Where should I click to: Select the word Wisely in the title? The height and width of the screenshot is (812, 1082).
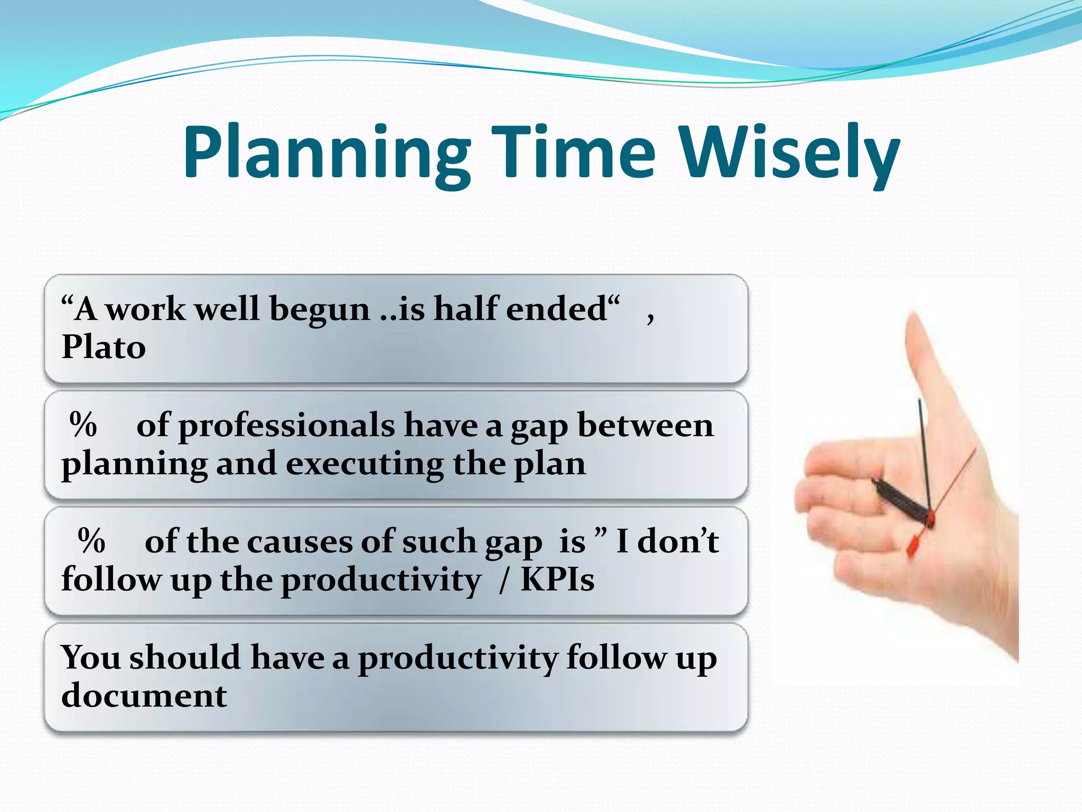click(x=789, y=153)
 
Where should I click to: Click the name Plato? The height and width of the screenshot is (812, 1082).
click(x=104, y=347)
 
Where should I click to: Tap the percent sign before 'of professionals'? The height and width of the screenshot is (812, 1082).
click(x=83, y=425)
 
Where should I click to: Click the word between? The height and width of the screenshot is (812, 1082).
click(x=645, y=425)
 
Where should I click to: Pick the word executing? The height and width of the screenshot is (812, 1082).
click(x=365, y=464)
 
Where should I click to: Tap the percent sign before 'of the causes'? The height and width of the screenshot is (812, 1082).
click(x=91, y=541)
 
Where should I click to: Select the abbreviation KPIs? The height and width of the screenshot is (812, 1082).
click(x=557, y=579)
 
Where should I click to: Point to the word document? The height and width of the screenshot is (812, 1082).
click(x=144, y=696)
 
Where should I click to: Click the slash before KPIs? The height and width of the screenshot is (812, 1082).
click(x=504, y=580)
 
